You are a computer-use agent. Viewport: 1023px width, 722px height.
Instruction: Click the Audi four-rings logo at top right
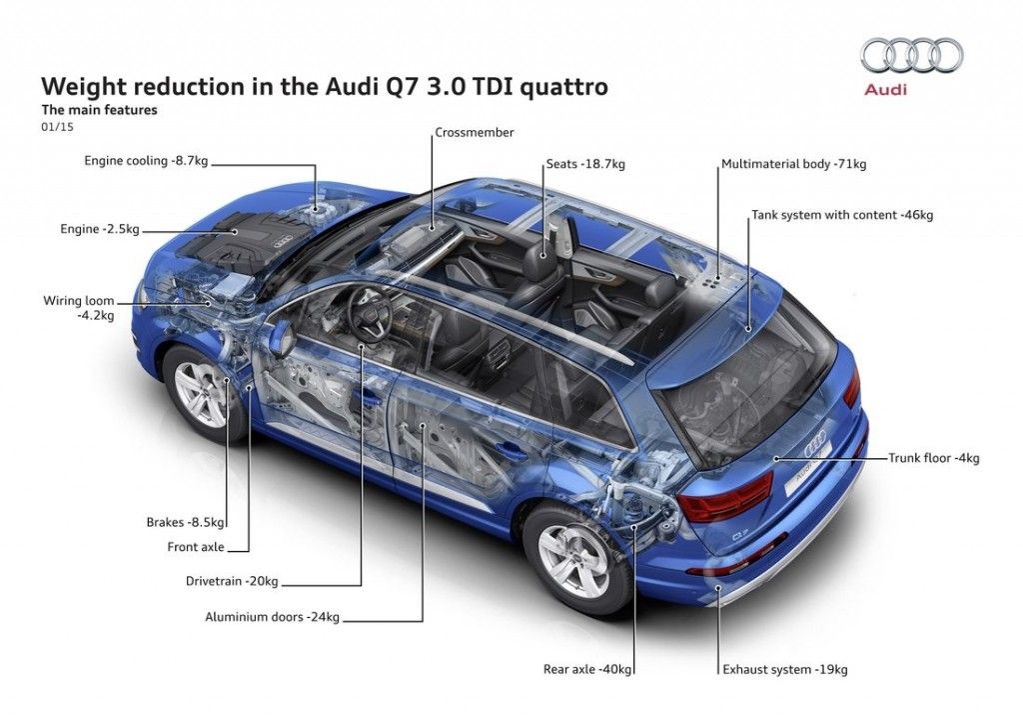coord(912,55)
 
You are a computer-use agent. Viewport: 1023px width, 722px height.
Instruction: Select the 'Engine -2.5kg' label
coord(99,229)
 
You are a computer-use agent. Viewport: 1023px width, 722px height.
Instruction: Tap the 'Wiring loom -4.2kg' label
coord(79,307)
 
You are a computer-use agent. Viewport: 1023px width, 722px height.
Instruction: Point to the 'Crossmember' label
coord(474,132)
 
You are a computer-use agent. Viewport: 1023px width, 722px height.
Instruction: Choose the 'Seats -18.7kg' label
coord(584,163)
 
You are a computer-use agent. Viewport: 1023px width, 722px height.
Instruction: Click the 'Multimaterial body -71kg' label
coord(789,163)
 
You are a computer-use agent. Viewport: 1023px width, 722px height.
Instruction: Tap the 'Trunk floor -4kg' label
coord(934,458)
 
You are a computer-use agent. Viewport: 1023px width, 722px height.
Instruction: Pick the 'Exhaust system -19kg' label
coord(785,669)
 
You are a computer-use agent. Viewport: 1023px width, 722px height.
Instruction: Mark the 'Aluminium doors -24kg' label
coord(273,617)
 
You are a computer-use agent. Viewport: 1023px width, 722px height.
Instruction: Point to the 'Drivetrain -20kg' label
coord(232,581)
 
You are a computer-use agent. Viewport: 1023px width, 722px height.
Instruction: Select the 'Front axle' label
coord(196,547)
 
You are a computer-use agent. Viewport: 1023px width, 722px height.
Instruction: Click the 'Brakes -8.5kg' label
coord(186,521)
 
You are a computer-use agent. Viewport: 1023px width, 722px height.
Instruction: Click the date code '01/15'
coord(57,127)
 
